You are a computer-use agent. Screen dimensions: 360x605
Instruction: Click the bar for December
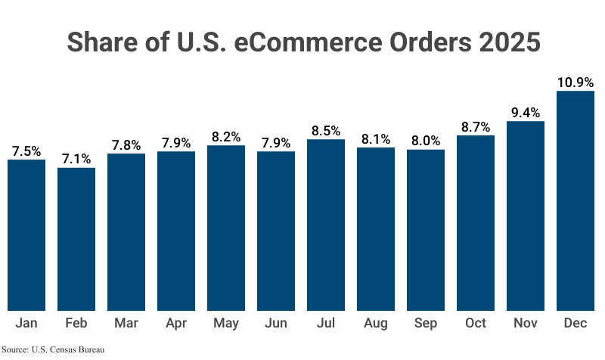pyautogui.click(x=576, y=200)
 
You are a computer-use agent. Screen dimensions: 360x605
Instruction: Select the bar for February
pyautogui.click(x=76, y=238)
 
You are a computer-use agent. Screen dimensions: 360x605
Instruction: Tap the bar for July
pyautogui.click(x=326, y=225)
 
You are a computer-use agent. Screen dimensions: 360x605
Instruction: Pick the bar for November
pyautogui.click(x=526, y=216)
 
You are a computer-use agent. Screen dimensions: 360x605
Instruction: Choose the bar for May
pyautogui.click(x=226, y=228)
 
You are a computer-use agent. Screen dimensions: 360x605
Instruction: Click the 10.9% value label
pyautogui.click(x=576, y=82)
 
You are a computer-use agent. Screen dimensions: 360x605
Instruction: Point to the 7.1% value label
pyautogui.click(x=76, y=159)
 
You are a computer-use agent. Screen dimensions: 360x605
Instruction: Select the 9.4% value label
pyautogui.click(x=526, y=113)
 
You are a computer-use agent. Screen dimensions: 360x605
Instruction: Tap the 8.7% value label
pyautogui.click(x=476, y=126)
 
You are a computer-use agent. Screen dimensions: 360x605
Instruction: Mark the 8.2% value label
pyautogui.click(x=226, y=137)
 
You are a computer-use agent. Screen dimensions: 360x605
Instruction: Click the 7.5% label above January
pyautogui.click(x=26, y=151)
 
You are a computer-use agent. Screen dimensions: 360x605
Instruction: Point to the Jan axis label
pyautogui.click(x=26, y=324)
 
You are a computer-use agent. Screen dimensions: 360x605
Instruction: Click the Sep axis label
pyautogui.click(x=426, y=324)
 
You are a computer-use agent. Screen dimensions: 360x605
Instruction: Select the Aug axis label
pyautogui.click(x=376, y=324)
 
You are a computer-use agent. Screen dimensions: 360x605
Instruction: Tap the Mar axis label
pyautogui.click(x=126, y=324)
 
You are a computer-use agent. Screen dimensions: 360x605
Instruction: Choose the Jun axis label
pyautogui.click(x=276, y=324)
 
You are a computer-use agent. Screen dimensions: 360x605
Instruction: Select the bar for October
pyautogui.click(x=476, y=222)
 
